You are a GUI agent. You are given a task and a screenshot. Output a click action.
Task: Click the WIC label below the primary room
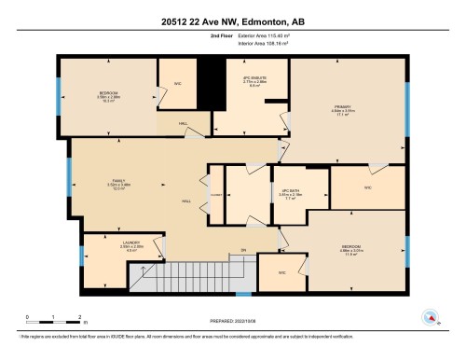(367, 188)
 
